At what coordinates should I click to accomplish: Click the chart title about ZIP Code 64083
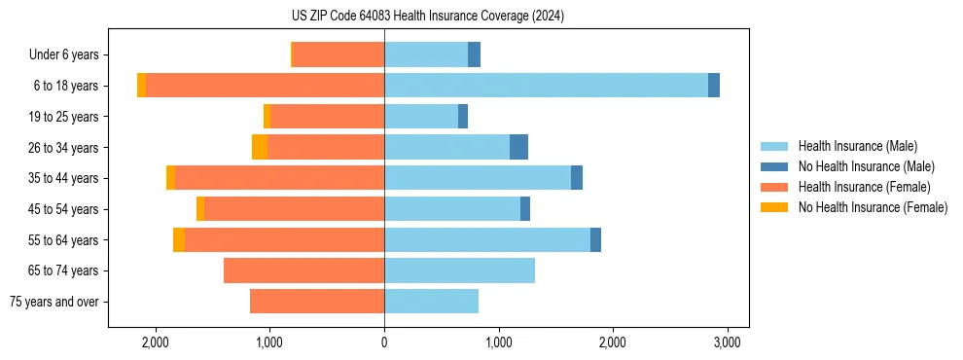(429, 16)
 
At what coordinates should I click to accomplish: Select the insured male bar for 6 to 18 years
(546, 86)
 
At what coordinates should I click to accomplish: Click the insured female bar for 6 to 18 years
(265, 86)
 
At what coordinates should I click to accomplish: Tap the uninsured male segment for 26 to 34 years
(518, 147)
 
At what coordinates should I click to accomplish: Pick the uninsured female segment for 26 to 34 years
(260, 147)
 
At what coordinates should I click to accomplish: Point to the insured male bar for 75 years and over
(431, 302)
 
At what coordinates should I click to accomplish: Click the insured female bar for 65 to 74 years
(303, 270)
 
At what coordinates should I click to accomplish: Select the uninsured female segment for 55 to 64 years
(179, 240)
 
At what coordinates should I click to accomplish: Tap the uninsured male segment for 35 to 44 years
(577, 178)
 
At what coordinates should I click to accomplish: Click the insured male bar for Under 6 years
(426, 54)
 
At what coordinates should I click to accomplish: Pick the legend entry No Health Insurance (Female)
(873, 207)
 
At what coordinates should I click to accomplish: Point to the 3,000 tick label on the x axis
(728, 342)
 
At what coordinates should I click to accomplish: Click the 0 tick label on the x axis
(384, 342)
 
